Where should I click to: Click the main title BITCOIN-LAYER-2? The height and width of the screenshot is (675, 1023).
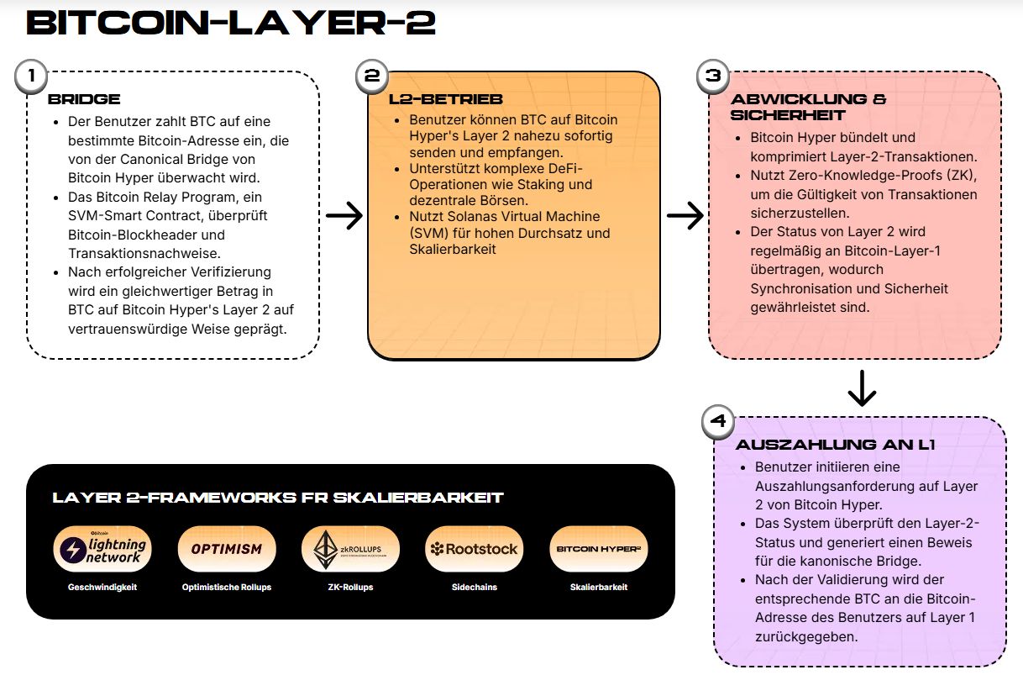tap(231, 23)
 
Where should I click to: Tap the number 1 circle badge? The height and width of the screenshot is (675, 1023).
tap(31, 76)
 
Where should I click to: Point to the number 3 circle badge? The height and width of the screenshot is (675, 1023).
tap(713, 76)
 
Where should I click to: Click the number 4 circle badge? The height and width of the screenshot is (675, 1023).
tap(717, 422)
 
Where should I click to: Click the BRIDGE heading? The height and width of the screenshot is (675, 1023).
tap(84, 99)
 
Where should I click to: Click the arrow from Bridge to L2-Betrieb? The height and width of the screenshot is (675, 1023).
tap(344, 216)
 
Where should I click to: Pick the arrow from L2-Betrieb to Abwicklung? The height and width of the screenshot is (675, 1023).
tap(685, 216)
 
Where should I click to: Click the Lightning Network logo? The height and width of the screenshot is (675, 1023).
tap(102, 549)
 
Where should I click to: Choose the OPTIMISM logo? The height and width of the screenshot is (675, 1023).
tap(227, 549)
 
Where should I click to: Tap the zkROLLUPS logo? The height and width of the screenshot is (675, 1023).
tap(350, 549)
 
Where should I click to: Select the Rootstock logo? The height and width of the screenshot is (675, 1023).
tap(474, 549)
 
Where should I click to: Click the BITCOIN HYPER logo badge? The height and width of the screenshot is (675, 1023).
tap(598, 549)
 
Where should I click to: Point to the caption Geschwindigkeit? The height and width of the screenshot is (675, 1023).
tap(102, 587)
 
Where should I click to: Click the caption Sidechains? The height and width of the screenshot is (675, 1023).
tap(474, 587)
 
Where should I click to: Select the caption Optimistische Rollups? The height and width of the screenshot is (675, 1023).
tap(227, 587)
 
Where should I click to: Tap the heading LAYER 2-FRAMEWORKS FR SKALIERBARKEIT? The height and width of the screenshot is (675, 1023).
tap(277, 498)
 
